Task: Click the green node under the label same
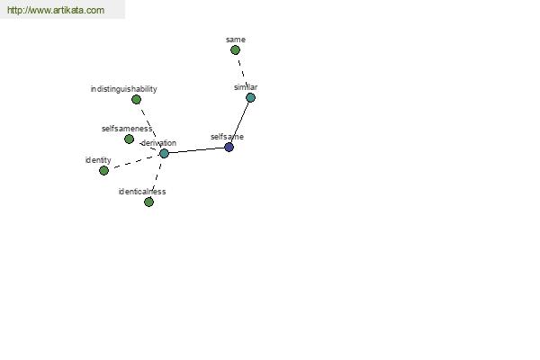[235, 50]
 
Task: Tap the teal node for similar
[251, 98]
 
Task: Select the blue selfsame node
[229, 148]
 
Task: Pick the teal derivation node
[165, 153]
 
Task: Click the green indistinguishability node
[137, 100]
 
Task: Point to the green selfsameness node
[129, 139]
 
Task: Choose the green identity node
[104, 170]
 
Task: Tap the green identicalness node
[148, 202]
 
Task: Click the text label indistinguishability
[124, 89]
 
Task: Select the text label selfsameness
[127, 129]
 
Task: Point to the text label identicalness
[142, 192]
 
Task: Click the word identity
[98, 160]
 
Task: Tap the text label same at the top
[236, 40]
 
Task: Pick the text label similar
[246, 87]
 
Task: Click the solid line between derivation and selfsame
[196, 150]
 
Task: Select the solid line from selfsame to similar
[240, 122]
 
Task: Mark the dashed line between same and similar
[243, 74]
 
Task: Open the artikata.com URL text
[56, 10]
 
